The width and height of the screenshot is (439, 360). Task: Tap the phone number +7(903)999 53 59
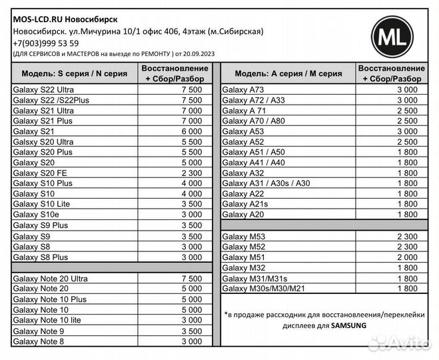[x=46, y=43]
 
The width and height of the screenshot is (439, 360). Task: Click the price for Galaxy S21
[x=191, y=131]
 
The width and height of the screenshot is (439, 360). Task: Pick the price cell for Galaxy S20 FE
[x=191, y=173]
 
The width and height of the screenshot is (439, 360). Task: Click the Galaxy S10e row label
[x=36, y=215]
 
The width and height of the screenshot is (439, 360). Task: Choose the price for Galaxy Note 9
[x=191, y=331]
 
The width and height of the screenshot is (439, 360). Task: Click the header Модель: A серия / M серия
[x=285, y=73]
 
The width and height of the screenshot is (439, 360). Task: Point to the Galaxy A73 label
[x=243, y=89]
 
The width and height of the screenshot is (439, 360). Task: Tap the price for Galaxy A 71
[x=407, y=111]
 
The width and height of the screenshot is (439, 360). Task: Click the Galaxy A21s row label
[x=245, y=204]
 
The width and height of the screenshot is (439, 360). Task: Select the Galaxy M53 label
[x=243, y=236]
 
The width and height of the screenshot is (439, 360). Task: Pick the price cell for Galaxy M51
[x=407, y=257]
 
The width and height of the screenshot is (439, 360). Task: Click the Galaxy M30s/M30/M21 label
[x=263, y=289]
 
